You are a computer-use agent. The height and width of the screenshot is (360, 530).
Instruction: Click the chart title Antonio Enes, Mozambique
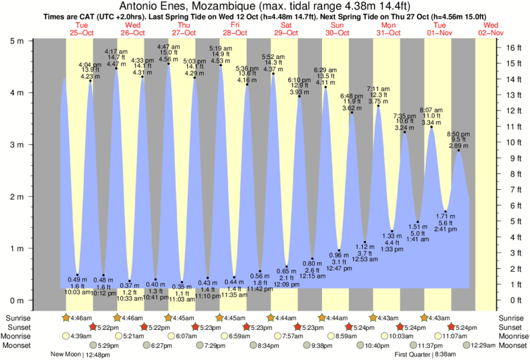[x=265, y=7]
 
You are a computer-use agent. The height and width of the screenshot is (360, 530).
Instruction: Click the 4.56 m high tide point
[x=168, y=64]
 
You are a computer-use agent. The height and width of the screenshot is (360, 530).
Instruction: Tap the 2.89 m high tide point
[x=458, y=150]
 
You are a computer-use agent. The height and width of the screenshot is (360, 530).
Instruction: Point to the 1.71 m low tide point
[x=445, y=212]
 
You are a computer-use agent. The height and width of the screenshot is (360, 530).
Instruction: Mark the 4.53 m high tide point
[x=221, y=65]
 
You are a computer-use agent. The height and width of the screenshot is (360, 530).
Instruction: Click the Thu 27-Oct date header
[x=184, y=29]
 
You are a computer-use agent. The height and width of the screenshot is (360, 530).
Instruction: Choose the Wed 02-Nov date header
[x=492, y=29]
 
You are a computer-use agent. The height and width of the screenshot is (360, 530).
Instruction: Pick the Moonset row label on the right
[x=512, y=345]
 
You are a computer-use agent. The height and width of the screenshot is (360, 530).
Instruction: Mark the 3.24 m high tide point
[x=405, y=132]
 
